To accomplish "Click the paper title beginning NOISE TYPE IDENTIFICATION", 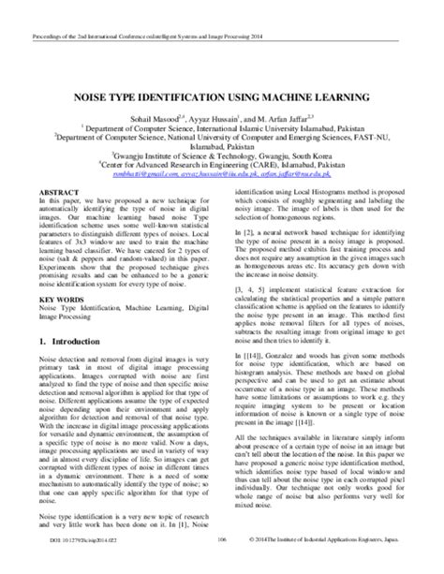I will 222,96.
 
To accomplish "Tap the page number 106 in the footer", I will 222,567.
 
